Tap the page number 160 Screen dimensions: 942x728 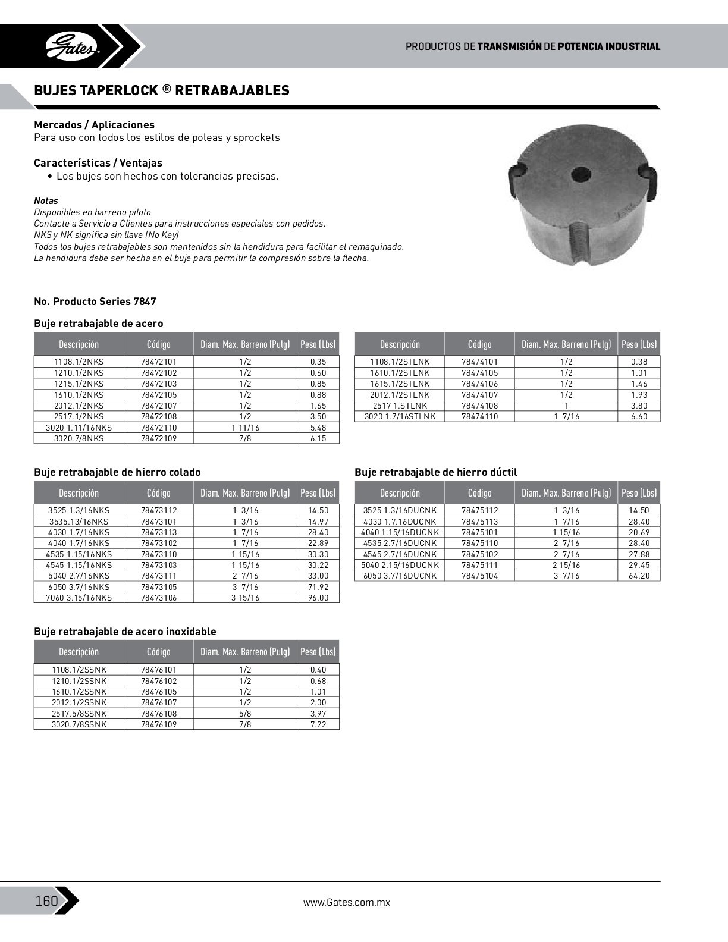46,901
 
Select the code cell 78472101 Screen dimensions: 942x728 159,362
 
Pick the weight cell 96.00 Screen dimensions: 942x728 318,598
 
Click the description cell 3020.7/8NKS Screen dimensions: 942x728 79,438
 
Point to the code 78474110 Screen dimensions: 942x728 479,416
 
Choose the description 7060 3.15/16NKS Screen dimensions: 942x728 79,598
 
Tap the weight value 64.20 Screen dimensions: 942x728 639,576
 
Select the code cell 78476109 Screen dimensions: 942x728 159,724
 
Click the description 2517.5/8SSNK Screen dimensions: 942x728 79,713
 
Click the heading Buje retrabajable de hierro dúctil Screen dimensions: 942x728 435,472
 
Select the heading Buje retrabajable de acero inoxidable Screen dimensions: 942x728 125,632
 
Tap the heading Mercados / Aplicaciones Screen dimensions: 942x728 94,125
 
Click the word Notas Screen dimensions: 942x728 46,201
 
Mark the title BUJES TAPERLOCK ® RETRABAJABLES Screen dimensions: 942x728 162,90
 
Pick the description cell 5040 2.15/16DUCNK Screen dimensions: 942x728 400,565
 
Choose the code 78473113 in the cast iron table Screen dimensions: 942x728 159,532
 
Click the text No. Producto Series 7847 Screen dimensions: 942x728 95,302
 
